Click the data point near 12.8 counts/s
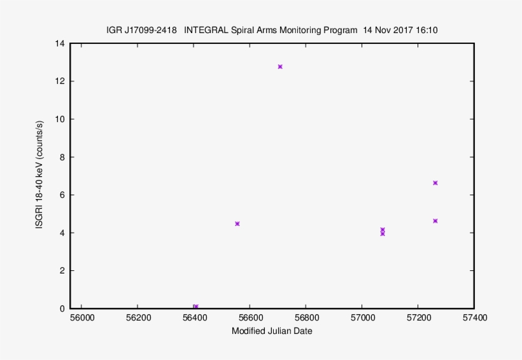coord(280,67)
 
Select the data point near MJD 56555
coord(237,224)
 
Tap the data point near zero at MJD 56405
coord(195,307)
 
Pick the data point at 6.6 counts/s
coord(435,183)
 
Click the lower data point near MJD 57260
coord(435,221)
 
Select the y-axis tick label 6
coord(62,195)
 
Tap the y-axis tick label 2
coord(62,271)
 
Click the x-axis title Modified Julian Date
coord(272,331)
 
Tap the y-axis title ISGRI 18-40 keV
coord(39,176)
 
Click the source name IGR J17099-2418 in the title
coord(141,30)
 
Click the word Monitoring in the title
coord(302,30)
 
